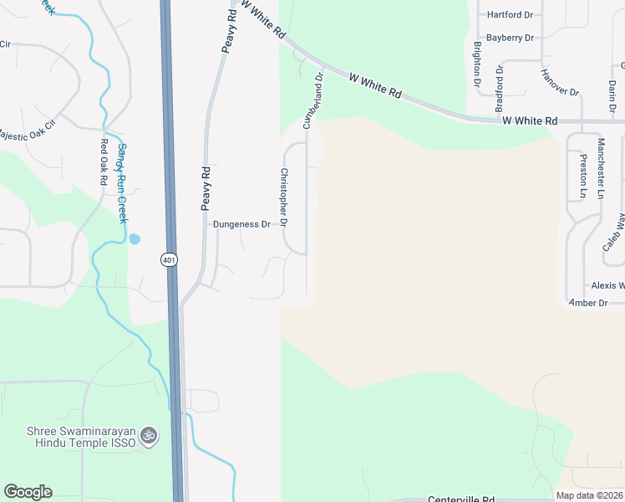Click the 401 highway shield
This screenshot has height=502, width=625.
tap(169, 260)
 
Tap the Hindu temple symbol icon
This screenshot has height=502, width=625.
tap(150, 436)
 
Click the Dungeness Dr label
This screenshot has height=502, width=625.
tap(242, 224)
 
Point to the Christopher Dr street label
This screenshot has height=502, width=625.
tap(284, 197)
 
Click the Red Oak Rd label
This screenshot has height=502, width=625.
tap(104, 161)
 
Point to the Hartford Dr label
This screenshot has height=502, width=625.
tap(510, 15)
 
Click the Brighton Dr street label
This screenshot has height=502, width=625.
tap(477, 64)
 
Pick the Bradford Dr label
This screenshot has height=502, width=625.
tap(500, 89)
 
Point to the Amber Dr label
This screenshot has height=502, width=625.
tap(588, 303)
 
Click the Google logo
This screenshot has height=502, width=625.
tap(28, 492)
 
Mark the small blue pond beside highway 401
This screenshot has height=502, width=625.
tap(135, 238)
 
